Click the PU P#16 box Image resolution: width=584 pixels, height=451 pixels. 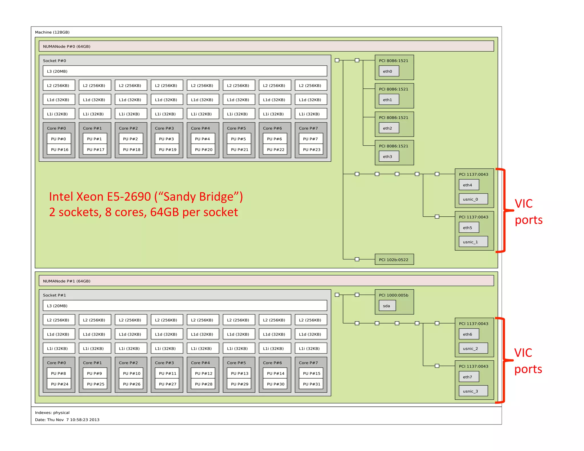click(59, 150)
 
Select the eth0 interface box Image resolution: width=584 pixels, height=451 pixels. click(389, 71)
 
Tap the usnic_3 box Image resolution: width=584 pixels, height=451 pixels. click(473, 391)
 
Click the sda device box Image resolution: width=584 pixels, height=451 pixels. click(387, 306)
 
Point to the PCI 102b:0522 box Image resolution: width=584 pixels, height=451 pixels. click(394, 260)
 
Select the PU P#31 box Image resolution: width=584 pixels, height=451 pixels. click(311, 384)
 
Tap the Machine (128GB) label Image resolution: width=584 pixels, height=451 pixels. click(52, 32)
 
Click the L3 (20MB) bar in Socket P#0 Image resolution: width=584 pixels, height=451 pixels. click(185, 71)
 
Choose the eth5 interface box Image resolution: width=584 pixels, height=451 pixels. click(469, 228)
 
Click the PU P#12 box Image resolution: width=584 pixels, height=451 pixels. click(203, 373)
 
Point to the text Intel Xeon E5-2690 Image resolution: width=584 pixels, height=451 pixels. click(100, 197)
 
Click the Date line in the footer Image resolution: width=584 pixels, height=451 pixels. click(67, 420)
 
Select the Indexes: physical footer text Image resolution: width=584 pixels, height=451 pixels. click(52, 413)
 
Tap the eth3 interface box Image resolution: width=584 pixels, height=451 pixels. click(389, 157)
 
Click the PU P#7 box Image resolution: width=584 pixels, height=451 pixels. click(311, 139)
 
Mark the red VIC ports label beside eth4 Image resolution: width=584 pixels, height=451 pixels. click(528, 212)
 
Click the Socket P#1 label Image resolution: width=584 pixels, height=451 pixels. click(54, 295)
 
